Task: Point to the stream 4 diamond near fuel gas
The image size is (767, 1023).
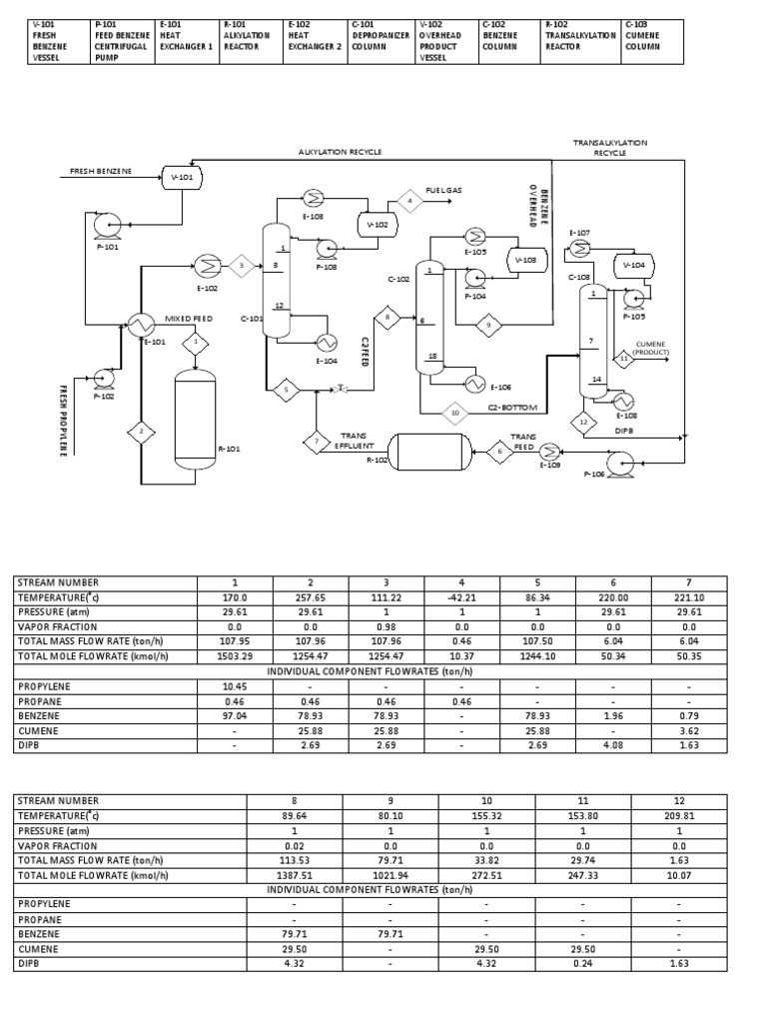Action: click(x=408, y=202)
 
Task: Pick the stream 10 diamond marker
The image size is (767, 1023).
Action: click(x=455, y=411)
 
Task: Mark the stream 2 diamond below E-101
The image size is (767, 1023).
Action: click(x=141, y=432)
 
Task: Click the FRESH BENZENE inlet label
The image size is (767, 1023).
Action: click(x=100, y=172)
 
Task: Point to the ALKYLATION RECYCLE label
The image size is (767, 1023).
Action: click(x=340, y=152)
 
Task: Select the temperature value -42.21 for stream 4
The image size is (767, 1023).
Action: click(x=462, y=597)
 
